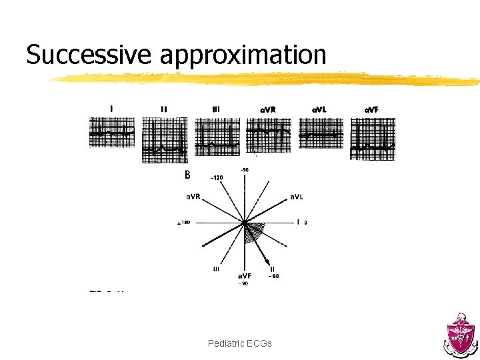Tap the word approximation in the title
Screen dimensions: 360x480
click(243, 56)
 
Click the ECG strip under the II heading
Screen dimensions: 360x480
click(164, 140)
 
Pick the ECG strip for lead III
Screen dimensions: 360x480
click(217, 137)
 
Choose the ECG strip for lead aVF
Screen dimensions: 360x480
click(373, 139)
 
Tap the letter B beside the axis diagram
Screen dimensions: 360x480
click(187, 175)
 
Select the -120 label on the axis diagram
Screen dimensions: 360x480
click(217, 178)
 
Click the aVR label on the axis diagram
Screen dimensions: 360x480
click(193, 196)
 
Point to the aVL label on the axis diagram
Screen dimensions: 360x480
click(298, 196)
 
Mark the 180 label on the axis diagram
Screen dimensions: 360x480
click(184, 223)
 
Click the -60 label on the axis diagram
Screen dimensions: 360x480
click(273, 276)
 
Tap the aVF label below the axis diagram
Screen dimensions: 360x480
click(245, 276)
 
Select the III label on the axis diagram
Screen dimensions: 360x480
click(215, 269)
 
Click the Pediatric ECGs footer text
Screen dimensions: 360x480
click(239, 343)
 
